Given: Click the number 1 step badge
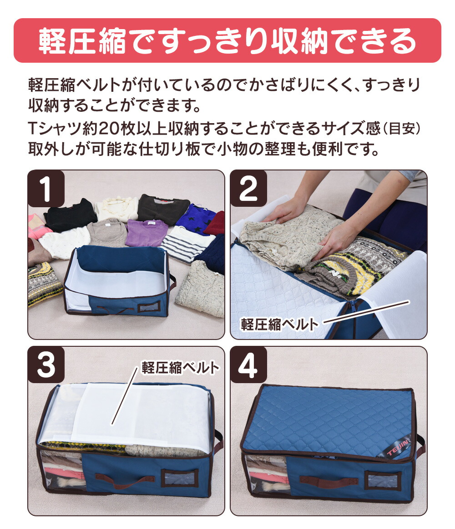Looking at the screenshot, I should [x=46, y=189].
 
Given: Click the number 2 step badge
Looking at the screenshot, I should [x=248, y=189].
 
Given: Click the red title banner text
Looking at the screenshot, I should [x=227, y=41].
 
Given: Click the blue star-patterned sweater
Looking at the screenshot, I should [x=195, y=219].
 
